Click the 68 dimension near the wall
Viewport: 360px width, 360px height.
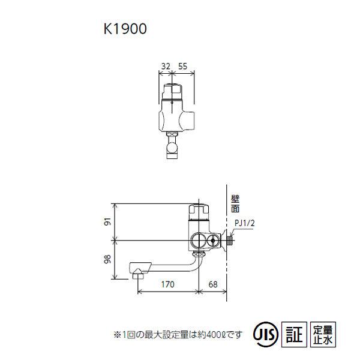(x=213, y=284)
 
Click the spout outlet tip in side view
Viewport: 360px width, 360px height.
(x=139, y=275)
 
